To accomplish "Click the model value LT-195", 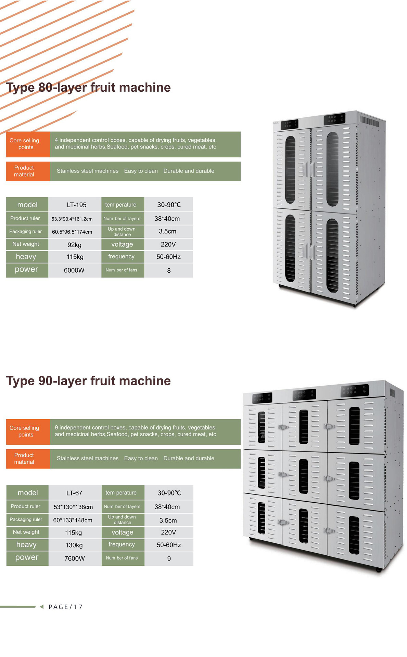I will (76, 205).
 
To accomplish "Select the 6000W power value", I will (74, 270).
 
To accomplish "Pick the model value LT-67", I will (74, 493).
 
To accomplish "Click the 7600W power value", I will (75, 558).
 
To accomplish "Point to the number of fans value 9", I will (169, 559).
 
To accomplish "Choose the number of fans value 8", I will (169, 271).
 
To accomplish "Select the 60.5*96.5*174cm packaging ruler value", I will (72, 232).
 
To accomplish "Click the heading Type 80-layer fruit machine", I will (88, 88).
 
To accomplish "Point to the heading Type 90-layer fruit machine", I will (88, 381).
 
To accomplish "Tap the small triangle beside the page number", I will (42, 607).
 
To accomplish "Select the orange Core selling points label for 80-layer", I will (24, 144).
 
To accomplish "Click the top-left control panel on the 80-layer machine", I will (289, 124).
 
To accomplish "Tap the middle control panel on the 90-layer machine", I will (304, 395).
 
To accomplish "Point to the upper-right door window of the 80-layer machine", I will (332, 169).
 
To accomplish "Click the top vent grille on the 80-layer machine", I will (369, 121).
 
